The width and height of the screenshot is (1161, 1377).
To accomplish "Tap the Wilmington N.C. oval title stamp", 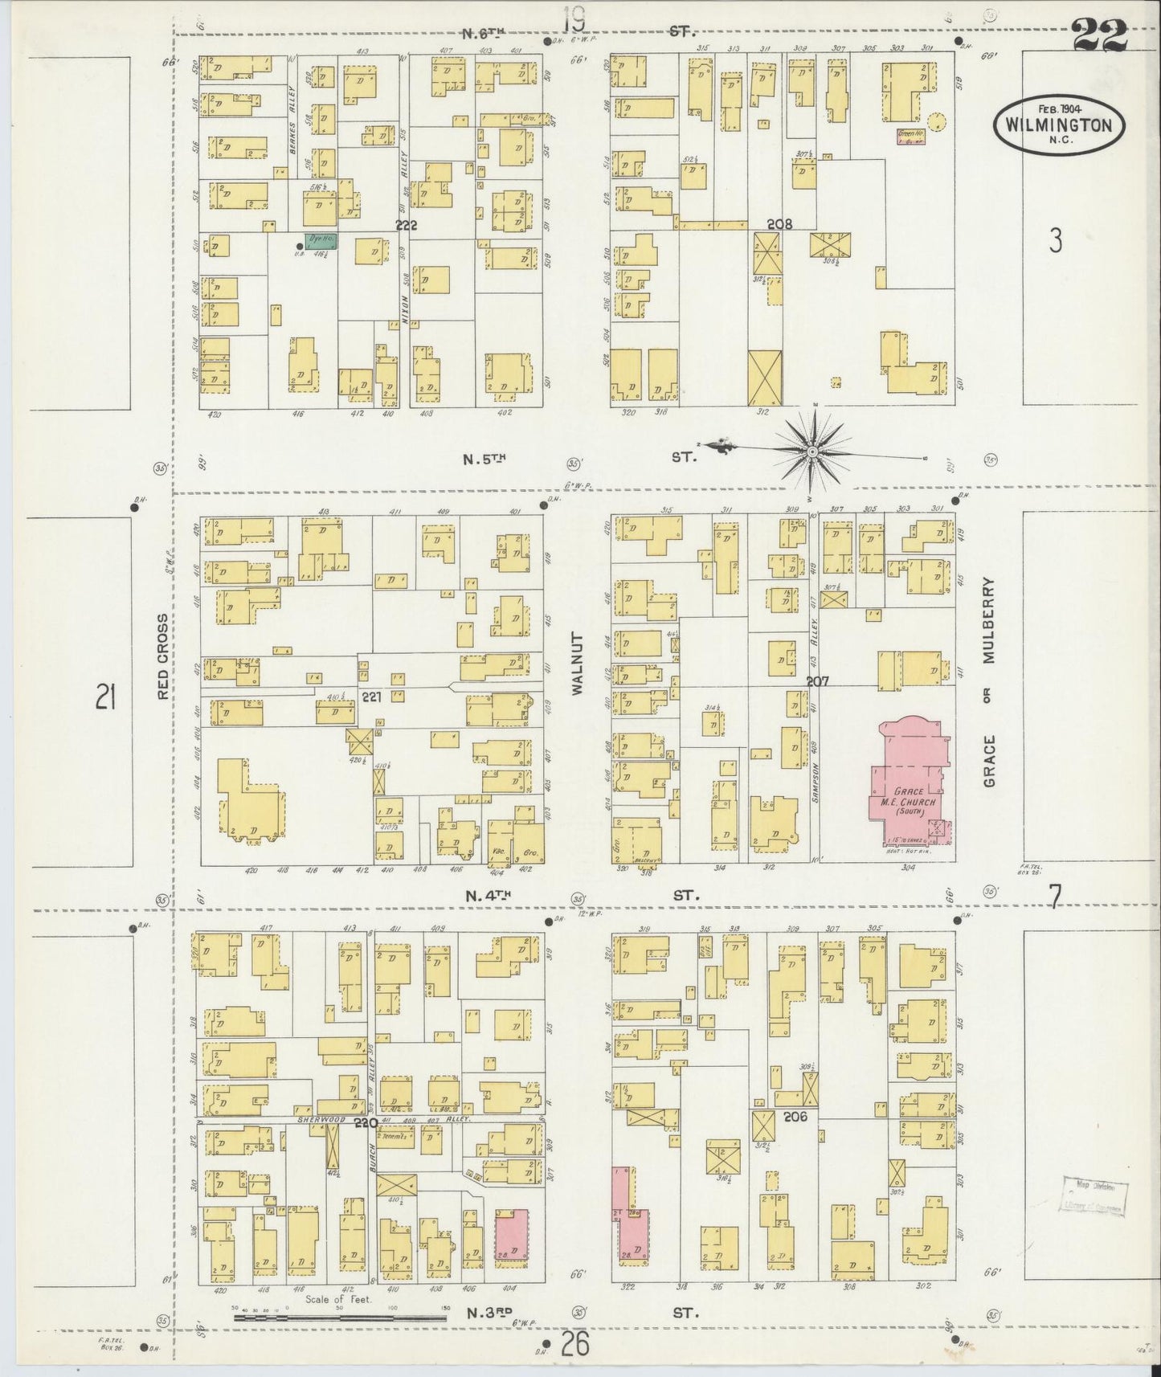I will click(x=1059, y=125).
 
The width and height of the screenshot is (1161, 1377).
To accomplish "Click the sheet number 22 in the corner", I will click(x=1098, y=36).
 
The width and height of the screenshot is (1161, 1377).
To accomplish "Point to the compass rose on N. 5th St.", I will click(x=812, y=453).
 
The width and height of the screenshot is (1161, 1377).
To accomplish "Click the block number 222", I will click(x=406, y=226).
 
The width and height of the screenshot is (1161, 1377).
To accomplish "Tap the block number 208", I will click(x=779, y=224).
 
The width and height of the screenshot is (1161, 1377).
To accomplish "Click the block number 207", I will click(x=818, y=681).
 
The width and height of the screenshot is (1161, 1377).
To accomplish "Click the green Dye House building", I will click(x=321, y=239).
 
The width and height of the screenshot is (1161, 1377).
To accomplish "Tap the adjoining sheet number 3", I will click(x=1055, y=239).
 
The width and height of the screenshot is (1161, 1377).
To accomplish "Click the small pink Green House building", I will click(x=910, y=137).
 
